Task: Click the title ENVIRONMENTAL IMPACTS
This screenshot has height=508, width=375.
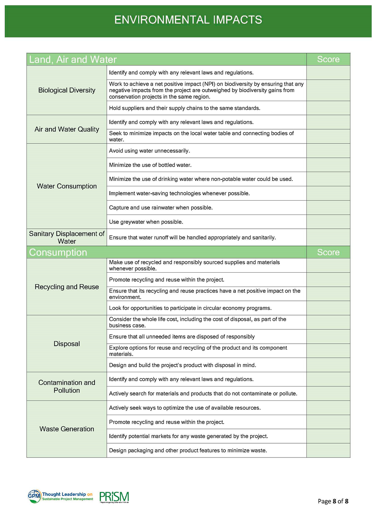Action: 188,20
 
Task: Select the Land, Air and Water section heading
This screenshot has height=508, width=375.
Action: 73,59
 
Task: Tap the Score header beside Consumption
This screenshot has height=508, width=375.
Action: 328,252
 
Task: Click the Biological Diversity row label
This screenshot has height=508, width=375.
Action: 67,90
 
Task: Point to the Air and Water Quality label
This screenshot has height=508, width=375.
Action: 67,129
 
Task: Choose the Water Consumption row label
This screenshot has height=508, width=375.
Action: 67,186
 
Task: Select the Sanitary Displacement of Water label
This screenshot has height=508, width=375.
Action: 67,237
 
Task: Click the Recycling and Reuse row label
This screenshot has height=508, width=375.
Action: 67,287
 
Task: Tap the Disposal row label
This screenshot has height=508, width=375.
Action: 67,344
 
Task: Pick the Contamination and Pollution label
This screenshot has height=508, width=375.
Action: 67,386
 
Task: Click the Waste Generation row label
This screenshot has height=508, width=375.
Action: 67,429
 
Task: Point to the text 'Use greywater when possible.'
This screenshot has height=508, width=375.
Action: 146,222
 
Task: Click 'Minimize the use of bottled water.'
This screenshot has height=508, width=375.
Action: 150,165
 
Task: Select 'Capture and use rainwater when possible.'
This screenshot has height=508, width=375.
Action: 161,208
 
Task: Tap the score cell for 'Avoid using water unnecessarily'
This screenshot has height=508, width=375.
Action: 328,151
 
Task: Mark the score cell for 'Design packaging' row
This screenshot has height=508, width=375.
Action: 328,451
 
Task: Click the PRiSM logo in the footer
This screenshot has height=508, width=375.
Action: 114,497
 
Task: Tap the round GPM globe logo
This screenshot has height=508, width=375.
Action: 34,496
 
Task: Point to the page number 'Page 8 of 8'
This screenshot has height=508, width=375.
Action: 333,501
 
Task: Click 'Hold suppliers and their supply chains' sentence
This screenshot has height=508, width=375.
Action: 185,108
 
